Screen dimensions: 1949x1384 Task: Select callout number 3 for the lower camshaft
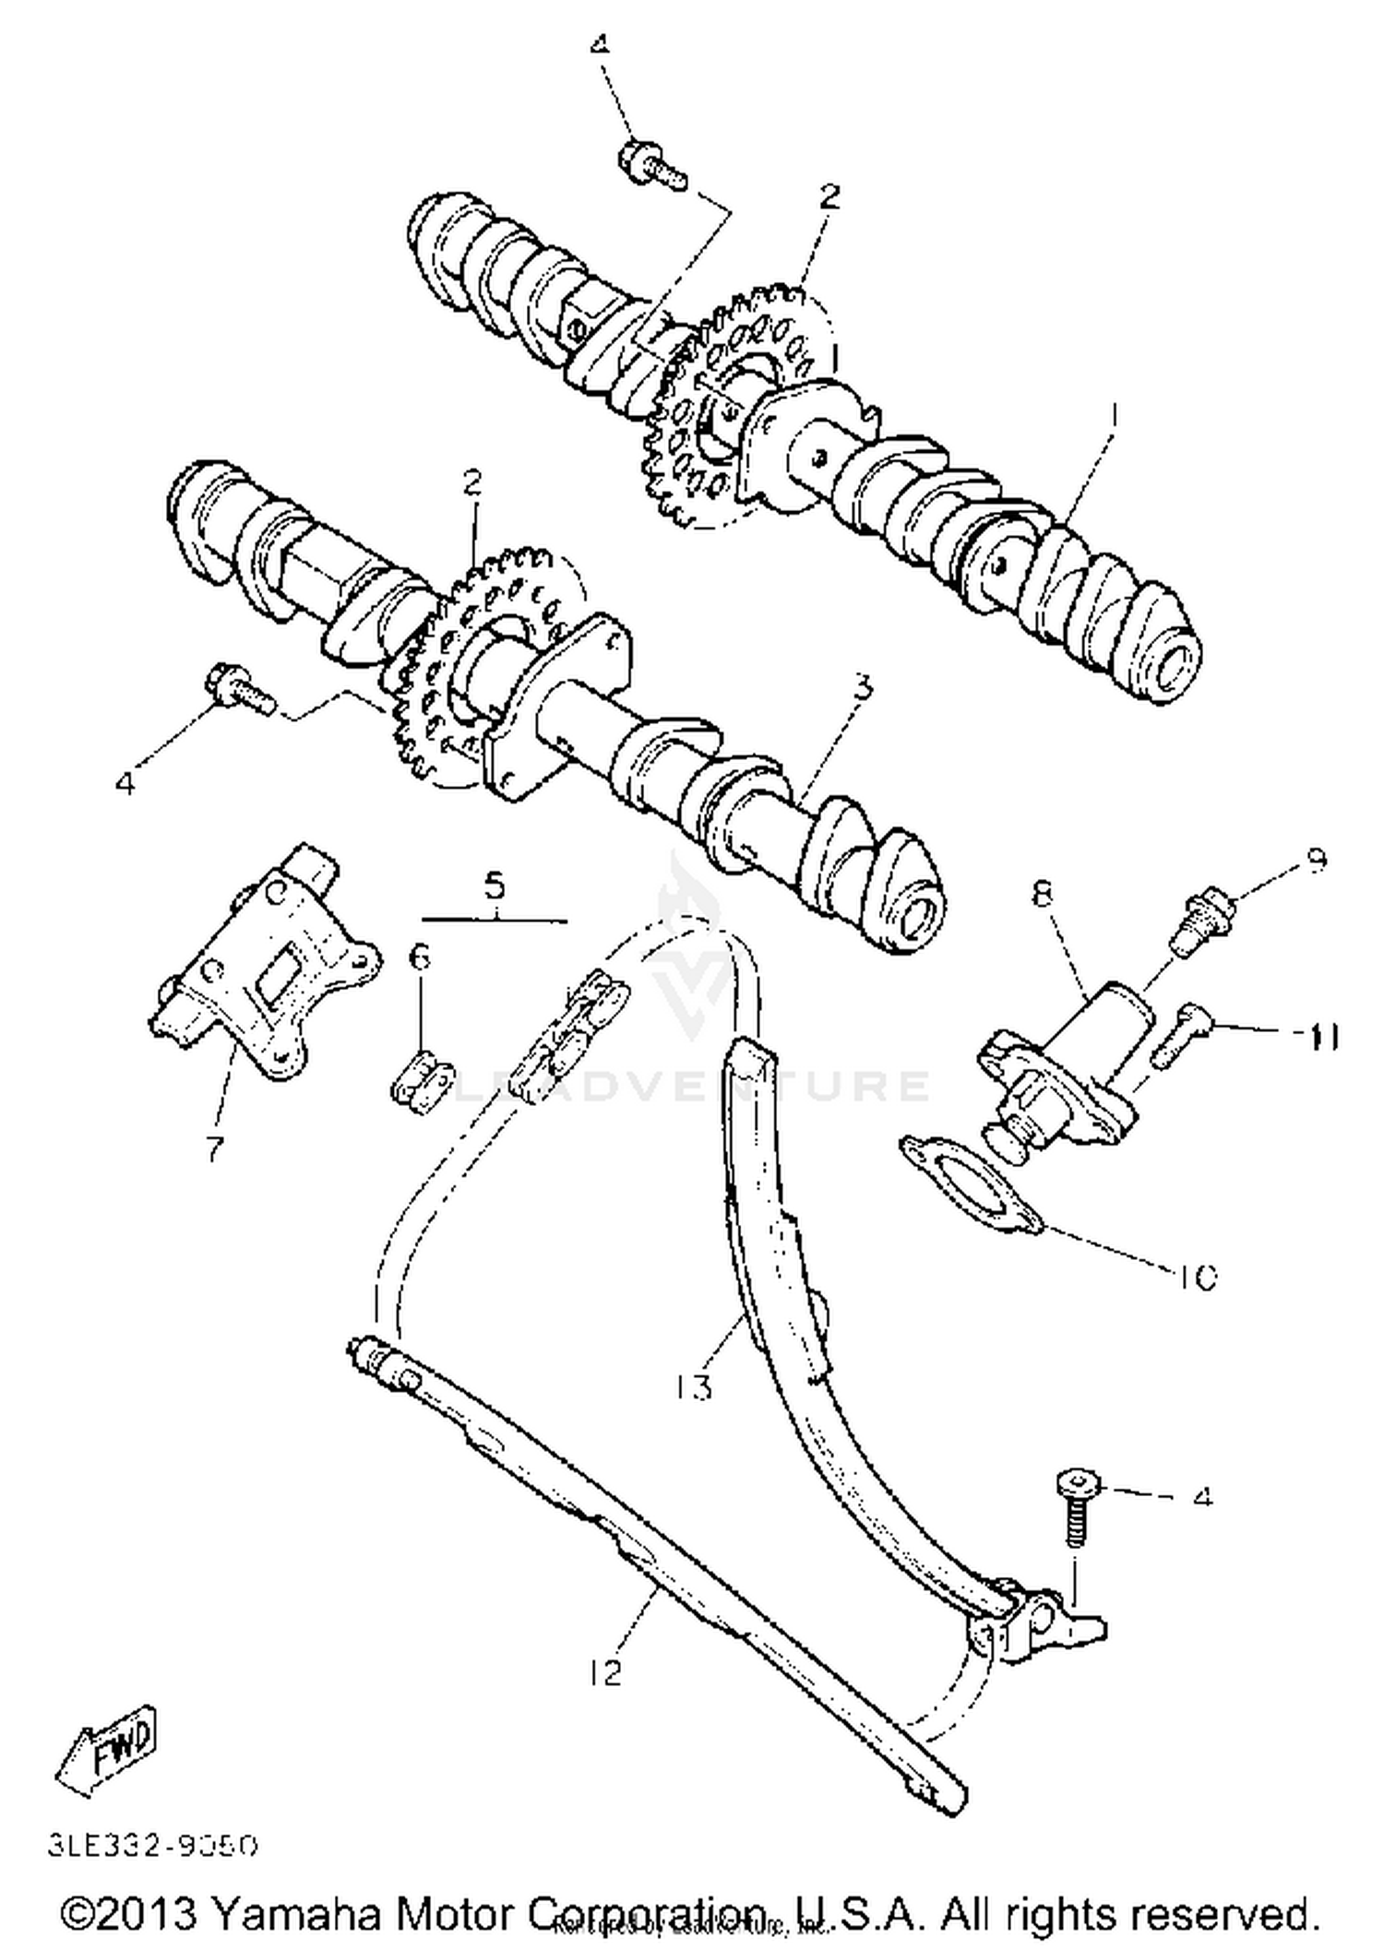(x=862, y=686)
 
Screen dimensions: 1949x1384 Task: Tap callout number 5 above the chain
(x=495, y=886)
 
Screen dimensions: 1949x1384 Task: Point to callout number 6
(x=420, y=957)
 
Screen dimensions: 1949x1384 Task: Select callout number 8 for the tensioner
(x=1044, y=894)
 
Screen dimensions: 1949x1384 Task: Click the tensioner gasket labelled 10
(x=972, y=1185)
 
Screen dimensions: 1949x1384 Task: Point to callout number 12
(x=607, y=1670)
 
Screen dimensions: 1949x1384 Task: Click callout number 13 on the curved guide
(x=694, y=1385)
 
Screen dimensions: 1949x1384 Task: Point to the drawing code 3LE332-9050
(x=153, y=1846)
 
